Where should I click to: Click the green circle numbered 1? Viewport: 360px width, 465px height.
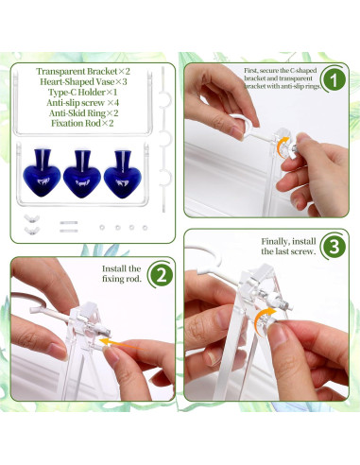pos(334,78)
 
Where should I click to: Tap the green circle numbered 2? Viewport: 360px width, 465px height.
pos(161,275)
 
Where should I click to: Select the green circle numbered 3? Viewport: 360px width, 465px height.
pos(334,247)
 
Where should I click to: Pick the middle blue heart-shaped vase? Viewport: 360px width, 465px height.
pos(82,174)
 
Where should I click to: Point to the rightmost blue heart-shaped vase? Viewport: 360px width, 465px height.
pos(123,175)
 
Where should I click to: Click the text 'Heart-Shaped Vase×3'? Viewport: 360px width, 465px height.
pos(83,82)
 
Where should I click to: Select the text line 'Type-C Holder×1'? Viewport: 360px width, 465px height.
pos(82,93)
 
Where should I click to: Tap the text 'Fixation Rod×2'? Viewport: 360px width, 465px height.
pos(82,123)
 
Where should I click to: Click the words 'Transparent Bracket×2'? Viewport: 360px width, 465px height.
pos(83,72)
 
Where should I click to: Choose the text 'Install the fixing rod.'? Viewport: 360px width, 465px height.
pos(122,273)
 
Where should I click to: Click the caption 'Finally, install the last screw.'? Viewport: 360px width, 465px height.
pos(288,247)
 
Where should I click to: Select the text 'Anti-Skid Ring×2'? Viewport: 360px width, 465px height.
pos(83,112)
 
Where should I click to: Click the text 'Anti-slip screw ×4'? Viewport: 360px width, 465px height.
pos(82,103)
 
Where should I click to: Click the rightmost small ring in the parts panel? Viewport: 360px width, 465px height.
pos(145,228)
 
